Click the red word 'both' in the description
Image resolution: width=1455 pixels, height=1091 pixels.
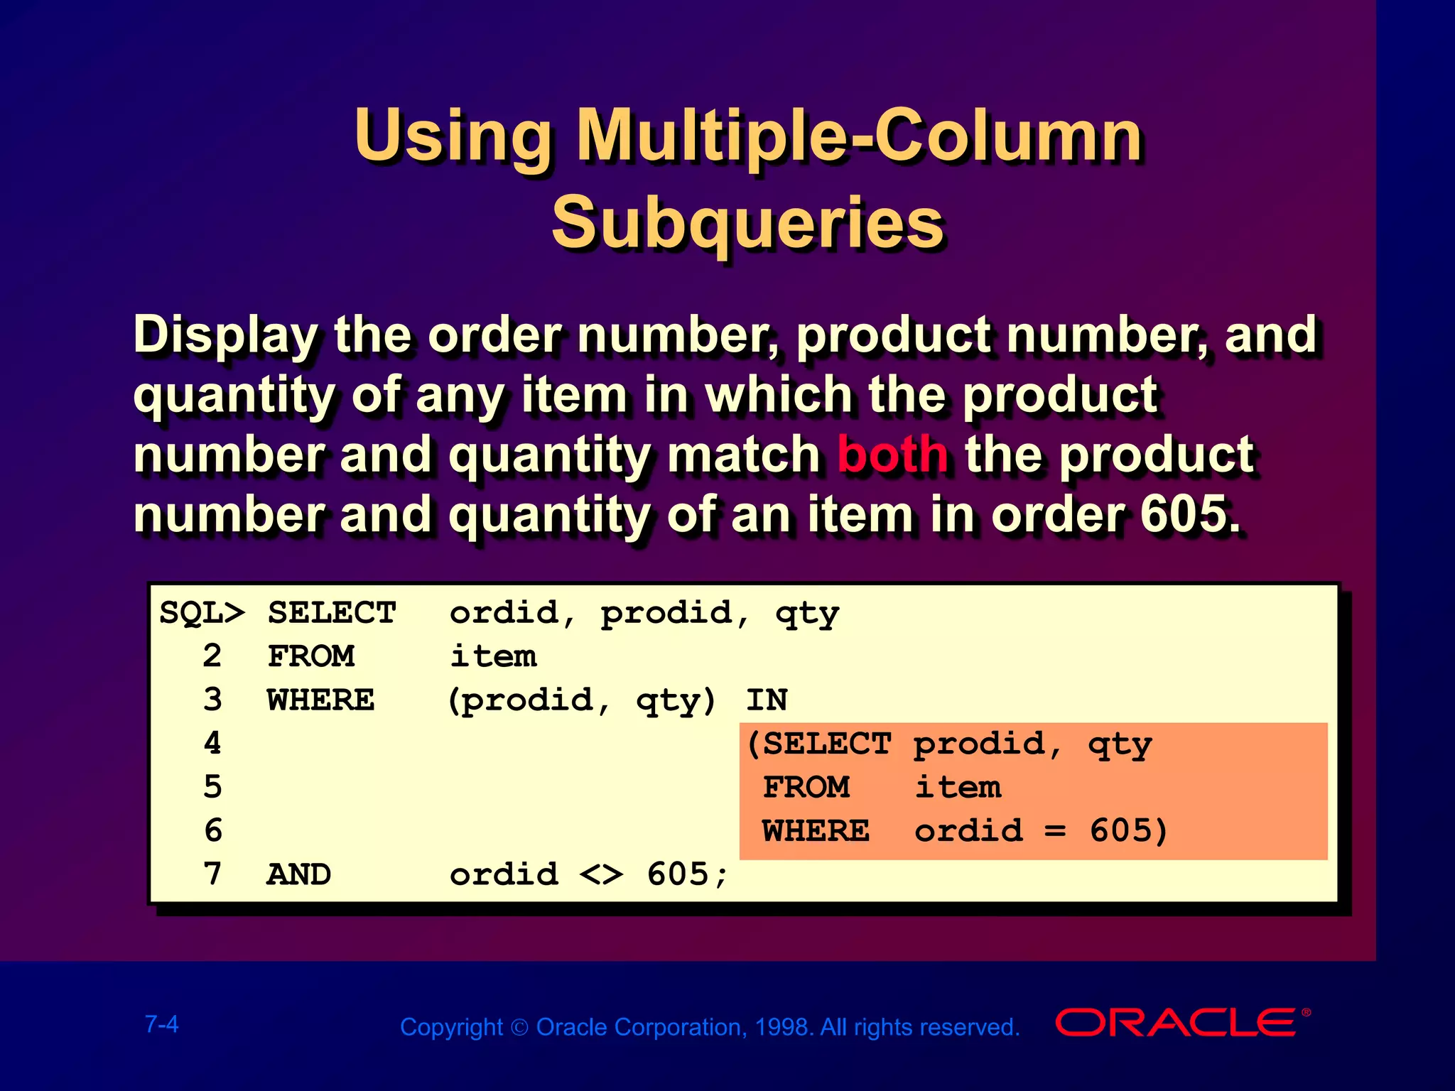pos(892,455)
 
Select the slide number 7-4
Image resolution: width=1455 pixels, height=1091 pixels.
pos(162,1024)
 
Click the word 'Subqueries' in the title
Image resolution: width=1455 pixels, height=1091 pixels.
pos(747,222)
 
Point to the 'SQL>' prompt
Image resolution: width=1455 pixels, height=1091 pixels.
pos(202,613)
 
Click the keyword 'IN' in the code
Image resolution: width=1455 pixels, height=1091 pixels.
pos(767,700)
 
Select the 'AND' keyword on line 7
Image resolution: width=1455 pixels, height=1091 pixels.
pos(299,874)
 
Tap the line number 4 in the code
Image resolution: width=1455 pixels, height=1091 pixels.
pos(212,744)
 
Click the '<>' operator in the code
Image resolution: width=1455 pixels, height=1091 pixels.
pos(601,874)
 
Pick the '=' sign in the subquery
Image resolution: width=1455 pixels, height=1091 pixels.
pos(1056,831)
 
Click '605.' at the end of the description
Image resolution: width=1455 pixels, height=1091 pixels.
pos(1190,514)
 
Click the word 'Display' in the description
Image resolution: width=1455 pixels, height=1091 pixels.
pos(226,335)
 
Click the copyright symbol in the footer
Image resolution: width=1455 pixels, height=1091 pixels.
pos(519,1028)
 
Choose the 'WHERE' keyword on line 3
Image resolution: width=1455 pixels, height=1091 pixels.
pos(321,700)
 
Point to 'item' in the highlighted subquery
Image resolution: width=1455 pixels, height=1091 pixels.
pos(958,787)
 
